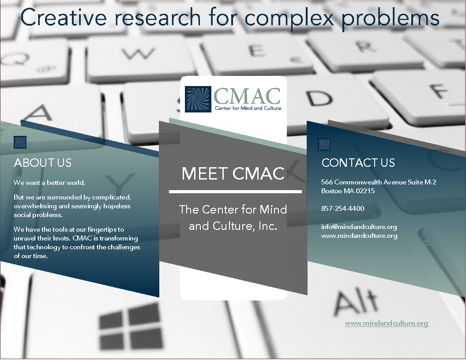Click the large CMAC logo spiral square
point(198,99)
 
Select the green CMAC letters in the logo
point(247,96)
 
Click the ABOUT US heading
point(43,163)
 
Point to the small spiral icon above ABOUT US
point(20,142)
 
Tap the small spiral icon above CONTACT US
point(324,144)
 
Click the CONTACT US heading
point(358,163)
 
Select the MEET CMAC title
point(233,173)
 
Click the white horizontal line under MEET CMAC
point(235,192)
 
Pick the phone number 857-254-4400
point(343,209)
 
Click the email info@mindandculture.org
point(359,227)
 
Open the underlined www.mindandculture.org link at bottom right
point(387,323)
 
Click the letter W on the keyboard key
point(139,54)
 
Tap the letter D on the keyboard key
point(319,98)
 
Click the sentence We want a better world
point(49,183)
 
